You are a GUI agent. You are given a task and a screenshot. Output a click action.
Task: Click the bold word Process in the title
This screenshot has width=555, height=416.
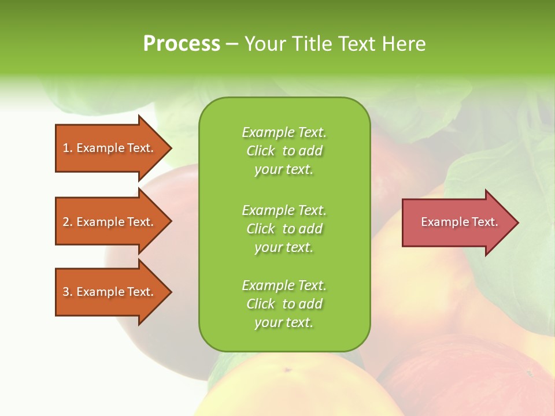[182, 44]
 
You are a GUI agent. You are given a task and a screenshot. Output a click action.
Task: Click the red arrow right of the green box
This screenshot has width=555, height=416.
[457, 222]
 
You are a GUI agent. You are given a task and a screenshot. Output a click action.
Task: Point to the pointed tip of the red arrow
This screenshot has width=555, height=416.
[516, 222]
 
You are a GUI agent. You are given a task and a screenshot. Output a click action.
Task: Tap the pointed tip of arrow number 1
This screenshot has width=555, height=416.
[169, 148]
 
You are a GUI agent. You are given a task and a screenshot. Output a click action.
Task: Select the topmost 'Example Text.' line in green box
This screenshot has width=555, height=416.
[284, 132]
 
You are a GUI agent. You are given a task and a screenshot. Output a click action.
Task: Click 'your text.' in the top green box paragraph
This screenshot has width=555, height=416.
[284, 169]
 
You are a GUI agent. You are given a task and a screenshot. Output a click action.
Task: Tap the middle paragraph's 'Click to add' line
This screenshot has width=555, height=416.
[284, 229]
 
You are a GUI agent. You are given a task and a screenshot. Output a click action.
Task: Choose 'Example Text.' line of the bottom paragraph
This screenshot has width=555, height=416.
[284, 285]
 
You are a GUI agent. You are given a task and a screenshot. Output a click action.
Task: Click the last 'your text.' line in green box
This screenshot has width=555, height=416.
[284, 322]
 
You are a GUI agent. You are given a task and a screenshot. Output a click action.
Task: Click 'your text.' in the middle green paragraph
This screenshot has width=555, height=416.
[284, 247]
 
